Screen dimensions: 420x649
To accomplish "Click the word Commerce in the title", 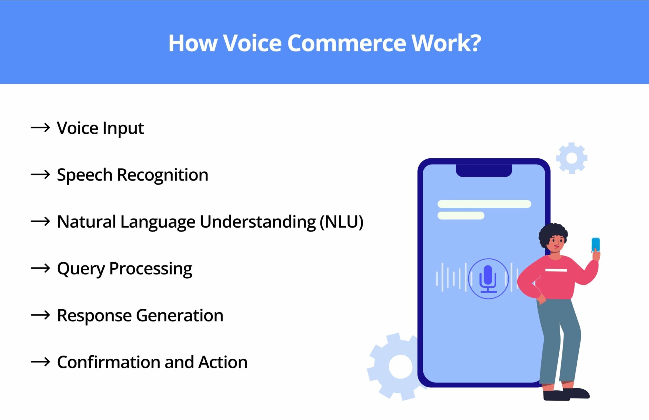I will click(x=347, y=43).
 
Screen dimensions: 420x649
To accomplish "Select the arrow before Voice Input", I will click(x=40, y=128).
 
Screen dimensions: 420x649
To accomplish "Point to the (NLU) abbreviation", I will click(x=341, y=222).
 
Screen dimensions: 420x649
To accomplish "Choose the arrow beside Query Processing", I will click(x=40, y=268).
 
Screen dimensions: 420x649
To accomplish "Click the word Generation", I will click(x=180, y=316).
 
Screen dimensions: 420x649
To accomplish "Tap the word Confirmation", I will click(x=109, y=362).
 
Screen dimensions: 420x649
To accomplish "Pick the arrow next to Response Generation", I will click(x=40, y=315).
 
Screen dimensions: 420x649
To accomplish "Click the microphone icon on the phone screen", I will click(x=488, y=279).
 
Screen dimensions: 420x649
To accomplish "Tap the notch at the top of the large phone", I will click(x=484, y=170).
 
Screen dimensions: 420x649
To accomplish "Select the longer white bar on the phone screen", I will click(x=484, y=204).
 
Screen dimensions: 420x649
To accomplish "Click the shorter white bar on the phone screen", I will click(x=461, y=216).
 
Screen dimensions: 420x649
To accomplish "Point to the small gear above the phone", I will click(x=572, y=158).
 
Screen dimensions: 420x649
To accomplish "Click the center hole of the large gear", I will click(x=401, y=367).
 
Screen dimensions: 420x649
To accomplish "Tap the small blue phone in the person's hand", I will click(x=596, y=244).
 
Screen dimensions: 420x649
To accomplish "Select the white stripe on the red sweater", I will click(x=556, y=270).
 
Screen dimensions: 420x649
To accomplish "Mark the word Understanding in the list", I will click(x=258, y=222).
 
